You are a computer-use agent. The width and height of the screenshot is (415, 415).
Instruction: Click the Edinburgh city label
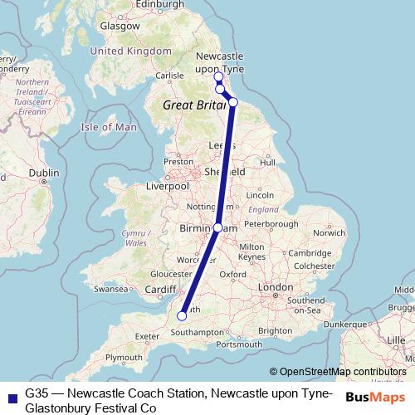point(160,4)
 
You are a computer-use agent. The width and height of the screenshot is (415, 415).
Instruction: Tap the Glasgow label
point(120,26)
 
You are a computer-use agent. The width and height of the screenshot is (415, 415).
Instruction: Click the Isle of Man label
point(109,127)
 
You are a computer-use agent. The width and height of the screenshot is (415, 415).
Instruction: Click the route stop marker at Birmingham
point(217,227)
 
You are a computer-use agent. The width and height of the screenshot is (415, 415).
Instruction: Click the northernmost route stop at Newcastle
point(218,76)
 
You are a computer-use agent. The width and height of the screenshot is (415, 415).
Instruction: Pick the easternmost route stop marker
point(233,102)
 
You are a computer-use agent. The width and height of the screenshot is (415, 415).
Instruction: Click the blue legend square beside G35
point(12,396)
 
